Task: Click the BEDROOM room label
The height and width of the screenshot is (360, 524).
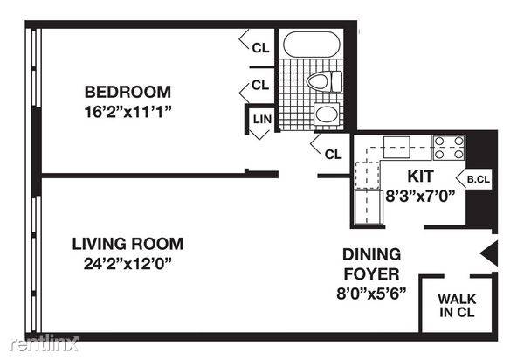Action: coord(128,92)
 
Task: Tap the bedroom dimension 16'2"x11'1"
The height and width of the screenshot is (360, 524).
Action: coord(128,112)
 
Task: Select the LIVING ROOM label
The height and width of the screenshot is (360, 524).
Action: coord(128,244)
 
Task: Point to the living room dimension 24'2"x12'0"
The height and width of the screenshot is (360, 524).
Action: coord(128,264)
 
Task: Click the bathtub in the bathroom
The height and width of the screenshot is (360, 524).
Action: coord(312,45)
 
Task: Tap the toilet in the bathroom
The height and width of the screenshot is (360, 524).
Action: coord(325,81)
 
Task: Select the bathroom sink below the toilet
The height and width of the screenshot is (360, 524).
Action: coord(327,114)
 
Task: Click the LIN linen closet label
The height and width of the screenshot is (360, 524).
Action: coord(262,119)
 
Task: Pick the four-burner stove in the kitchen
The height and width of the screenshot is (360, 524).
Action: coord(449,148)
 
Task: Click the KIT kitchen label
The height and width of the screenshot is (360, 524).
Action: coord(420,177)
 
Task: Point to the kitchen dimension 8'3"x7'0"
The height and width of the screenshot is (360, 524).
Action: coord(420,197)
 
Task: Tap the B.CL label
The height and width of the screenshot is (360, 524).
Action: coord(479,179)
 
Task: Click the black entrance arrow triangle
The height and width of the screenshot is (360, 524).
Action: coord(489,253)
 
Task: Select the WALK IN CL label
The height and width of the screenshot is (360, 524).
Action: coord(457,306)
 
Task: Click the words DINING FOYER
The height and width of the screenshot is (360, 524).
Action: coord(372,264)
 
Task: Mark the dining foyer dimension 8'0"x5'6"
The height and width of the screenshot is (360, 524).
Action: coord(371,294)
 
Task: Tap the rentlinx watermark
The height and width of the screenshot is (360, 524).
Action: coord(45,343)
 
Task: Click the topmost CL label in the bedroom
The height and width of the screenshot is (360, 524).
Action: coord(260,48)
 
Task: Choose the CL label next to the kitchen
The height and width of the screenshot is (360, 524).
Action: coord(334,155)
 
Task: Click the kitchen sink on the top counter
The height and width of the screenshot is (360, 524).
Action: coord(396,147)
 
